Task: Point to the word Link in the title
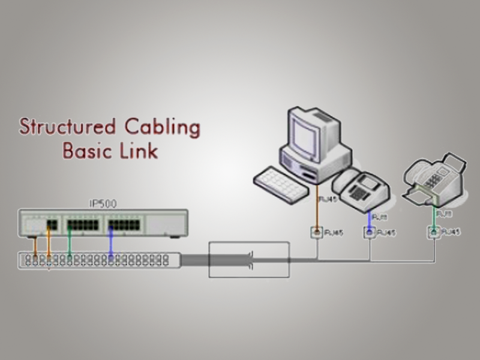[139, 150]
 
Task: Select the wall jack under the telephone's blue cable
[370, 232]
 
